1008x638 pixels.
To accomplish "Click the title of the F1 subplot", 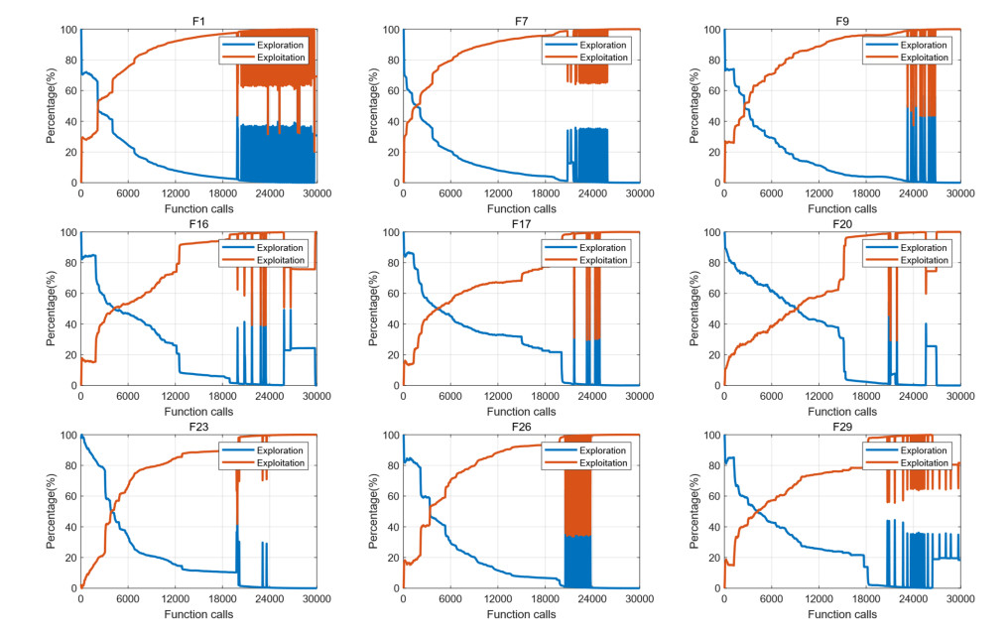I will pos(198,20).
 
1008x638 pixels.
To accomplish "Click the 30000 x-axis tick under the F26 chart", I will pos(639,599).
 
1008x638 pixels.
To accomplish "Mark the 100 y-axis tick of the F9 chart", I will pos(711,30).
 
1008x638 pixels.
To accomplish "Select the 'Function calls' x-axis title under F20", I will pos(842,411).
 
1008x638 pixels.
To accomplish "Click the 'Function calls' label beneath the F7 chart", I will pos(521,208).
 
